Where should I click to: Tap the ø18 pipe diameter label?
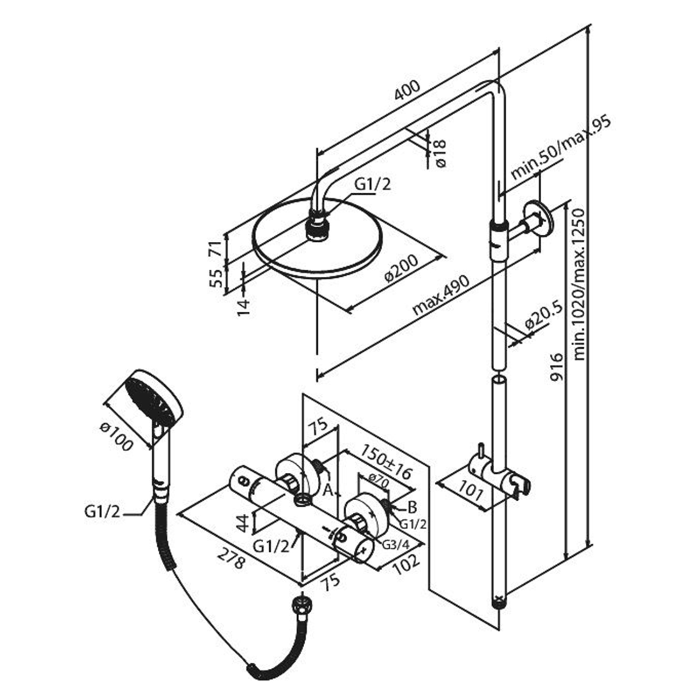[440, 153]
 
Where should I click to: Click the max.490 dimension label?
[440, 295]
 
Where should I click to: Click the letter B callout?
[412, 506]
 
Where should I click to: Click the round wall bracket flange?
[539, 219]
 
